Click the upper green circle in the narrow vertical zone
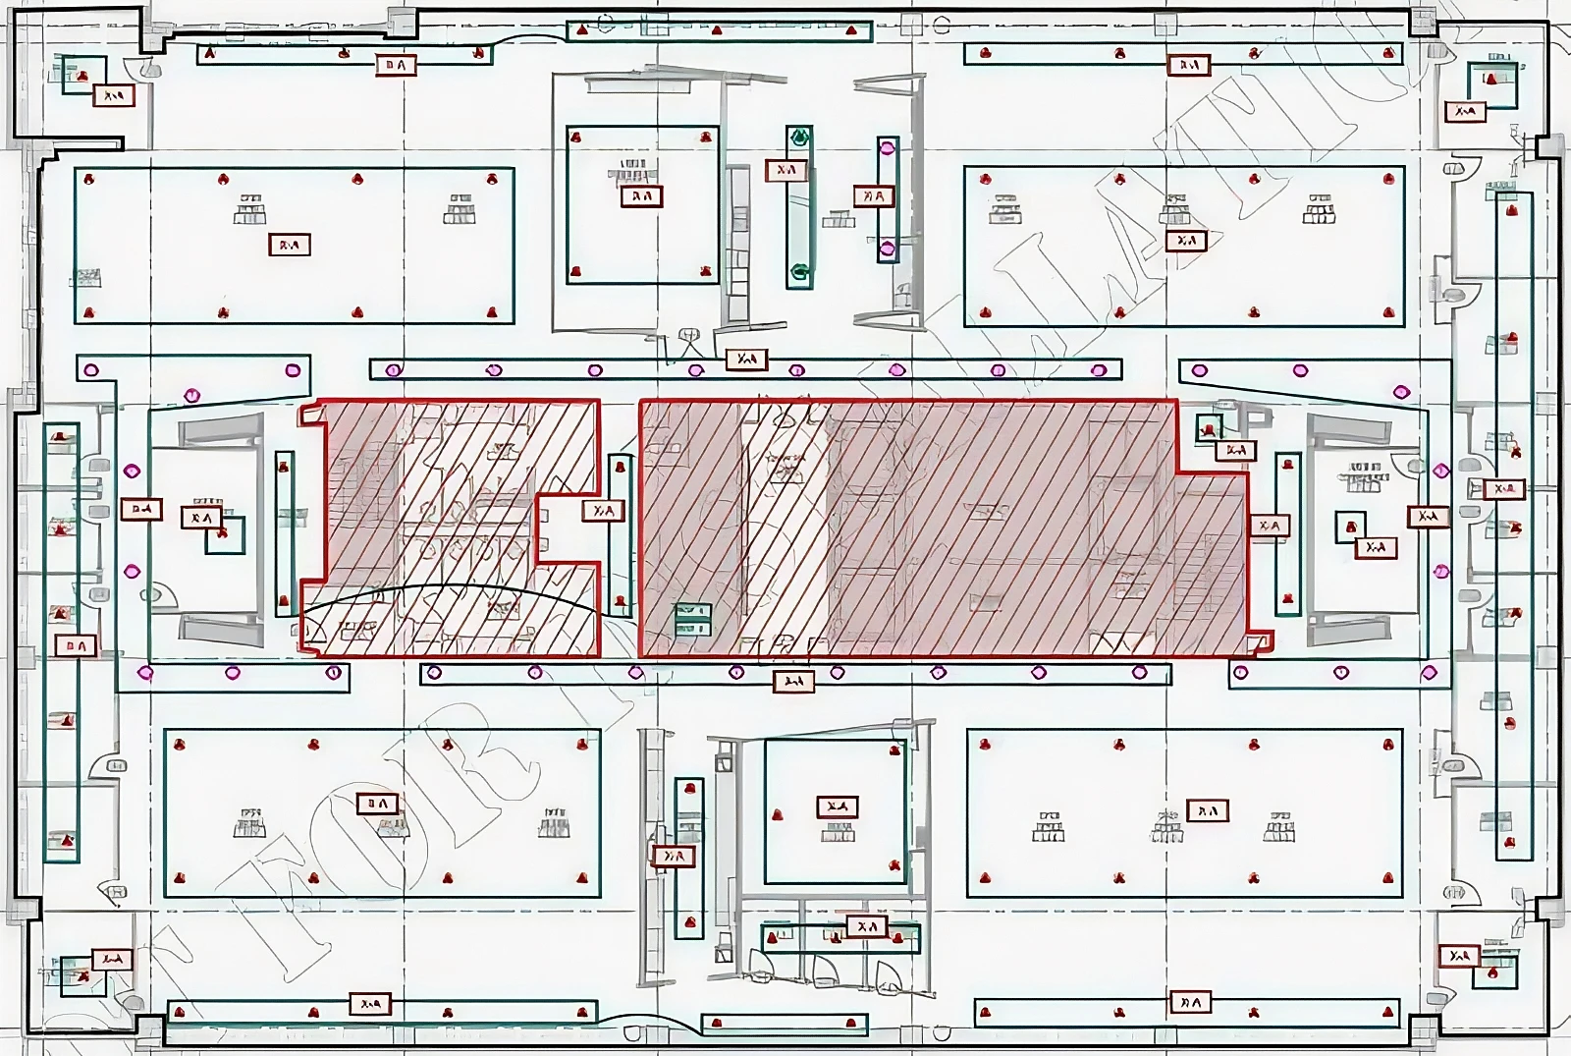(800, 138)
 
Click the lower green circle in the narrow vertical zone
(800, 272)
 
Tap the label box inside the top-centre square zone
(641, 196)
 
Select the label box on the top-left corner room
(113, 96)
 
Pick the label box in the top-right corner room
(1465, 112)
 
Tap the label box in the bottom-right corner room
(1460, 956)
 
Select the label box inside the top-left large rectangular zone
(290, 245)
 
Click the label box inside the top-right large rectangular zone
(1186, 241)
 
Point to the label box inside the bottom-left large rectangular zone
(377, 804)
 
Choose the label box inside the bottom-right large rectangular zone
(1208, 811)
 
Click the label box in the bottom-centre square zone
(837, 806)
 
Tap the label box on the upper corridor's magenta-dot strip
(746, 360)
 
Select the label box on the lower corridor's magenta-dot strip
(793, 681)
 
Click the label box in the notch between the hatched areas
(603, 511)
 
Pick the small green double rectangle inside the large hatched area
(692, 620)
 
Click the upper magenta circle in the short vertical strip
(888, 149)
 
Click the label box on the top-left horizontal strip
(396, 66)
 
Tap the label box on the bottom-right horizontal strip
(1189, 1003)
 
